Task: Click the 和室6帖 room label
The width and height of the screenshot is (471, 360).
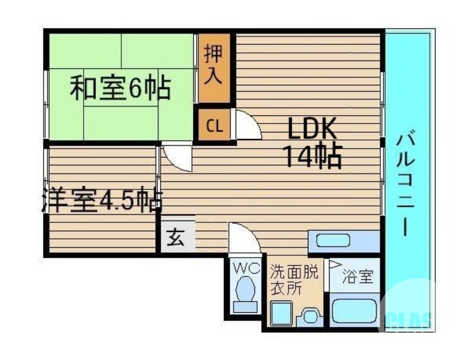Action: click(120, 89)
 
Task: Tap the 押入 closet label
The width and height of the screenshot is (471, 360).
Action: click(213, 66)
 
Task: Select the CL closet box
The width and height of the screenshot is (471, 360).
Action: click(214, 125)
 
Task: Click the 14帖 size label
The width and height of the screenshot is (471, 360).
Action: click(312, 156)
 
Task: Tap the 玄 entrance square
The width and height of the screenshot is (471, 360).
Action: click(175, 238)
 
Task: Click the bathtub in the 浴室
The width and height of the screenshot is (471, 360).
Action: click(354, 311)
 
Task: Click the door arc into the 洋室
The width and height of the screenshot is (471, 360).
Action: click(177, 158)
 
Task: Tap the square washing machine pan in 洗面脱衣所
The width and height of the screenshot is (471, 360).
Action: click(281, 313)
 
